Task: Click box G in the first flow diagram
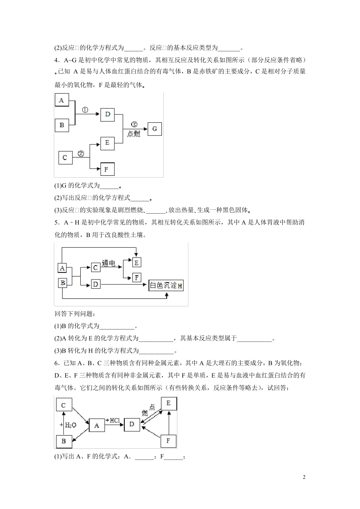pyautogui.click(x=155, y=129)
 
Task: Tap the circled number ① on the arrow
pyautogui.click(x=85, y=110)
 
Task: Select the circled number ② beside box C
pyautogui.click(x=81, y=153)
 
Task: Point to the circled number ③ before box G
pyautogui.click(x=134, y=124)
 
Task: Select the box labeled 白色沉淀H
pyautogui.click(x=166, y=285)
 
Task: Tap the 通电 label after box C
pyautogui.click(x=109, y=263)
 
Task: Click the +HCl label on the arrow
pyautogui.click(x=113, y=420)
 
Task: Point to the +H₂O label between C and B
pyautogui.click(x=68, y=425)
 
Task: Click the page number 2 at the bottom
pyautogui.click(x=304, y=477)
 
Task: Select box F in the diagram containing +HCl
pyautogui.click(x=168, y=441)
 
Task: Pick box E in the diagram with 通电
pyautogui.click(x=136, y=262)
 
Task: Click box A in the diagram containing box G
pyautogui.click(x=62, y=100)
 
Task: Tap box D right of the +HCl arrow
pyautogui.click(x=131, y=424)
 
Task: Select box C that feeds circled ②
pyautogui.click(x=65, y=158)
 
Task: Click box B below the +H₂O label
pyautogui.click(x=64, y=441)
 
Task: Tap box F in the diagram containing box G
pyautogui.click(x=107, y=169)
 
